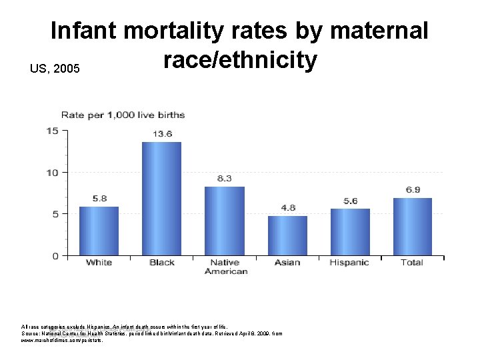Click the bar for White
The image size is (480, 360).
click(x=99, y=231)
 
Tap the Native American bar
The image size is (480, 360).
click(x=225, y=221)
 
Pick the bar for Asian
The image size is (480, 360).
click(x=287, y=235)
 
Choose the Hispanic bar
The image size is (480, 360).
click(x=350, y=232)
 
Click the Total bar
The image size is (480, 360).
click(x=412, y=227)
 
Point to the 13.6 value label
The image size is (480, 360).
click(x=162, y=134)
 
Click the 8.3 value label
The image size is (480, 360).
click(x=225, y=179)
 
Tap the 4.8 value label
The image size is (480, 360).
click(x=288, y=208)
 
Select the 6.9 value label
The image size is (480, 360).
click(x=413, y=190)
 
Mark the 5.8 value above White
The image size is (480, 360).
click(x=99, y=199)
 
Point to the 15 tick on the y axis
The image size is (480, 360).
click(x=51, y=131)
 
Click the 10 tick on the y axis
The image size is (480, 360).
click(x=51, y=173)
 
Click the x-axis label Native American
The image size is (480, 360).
click(x=225, y=267)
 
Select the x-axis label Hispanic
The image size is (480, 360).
click(x=349, y=263)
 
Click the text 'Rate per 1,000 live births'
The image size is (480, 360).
click(x=123, y=115)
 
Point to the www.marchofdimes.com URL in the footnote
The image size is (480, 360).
click(x=62, y=340)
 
